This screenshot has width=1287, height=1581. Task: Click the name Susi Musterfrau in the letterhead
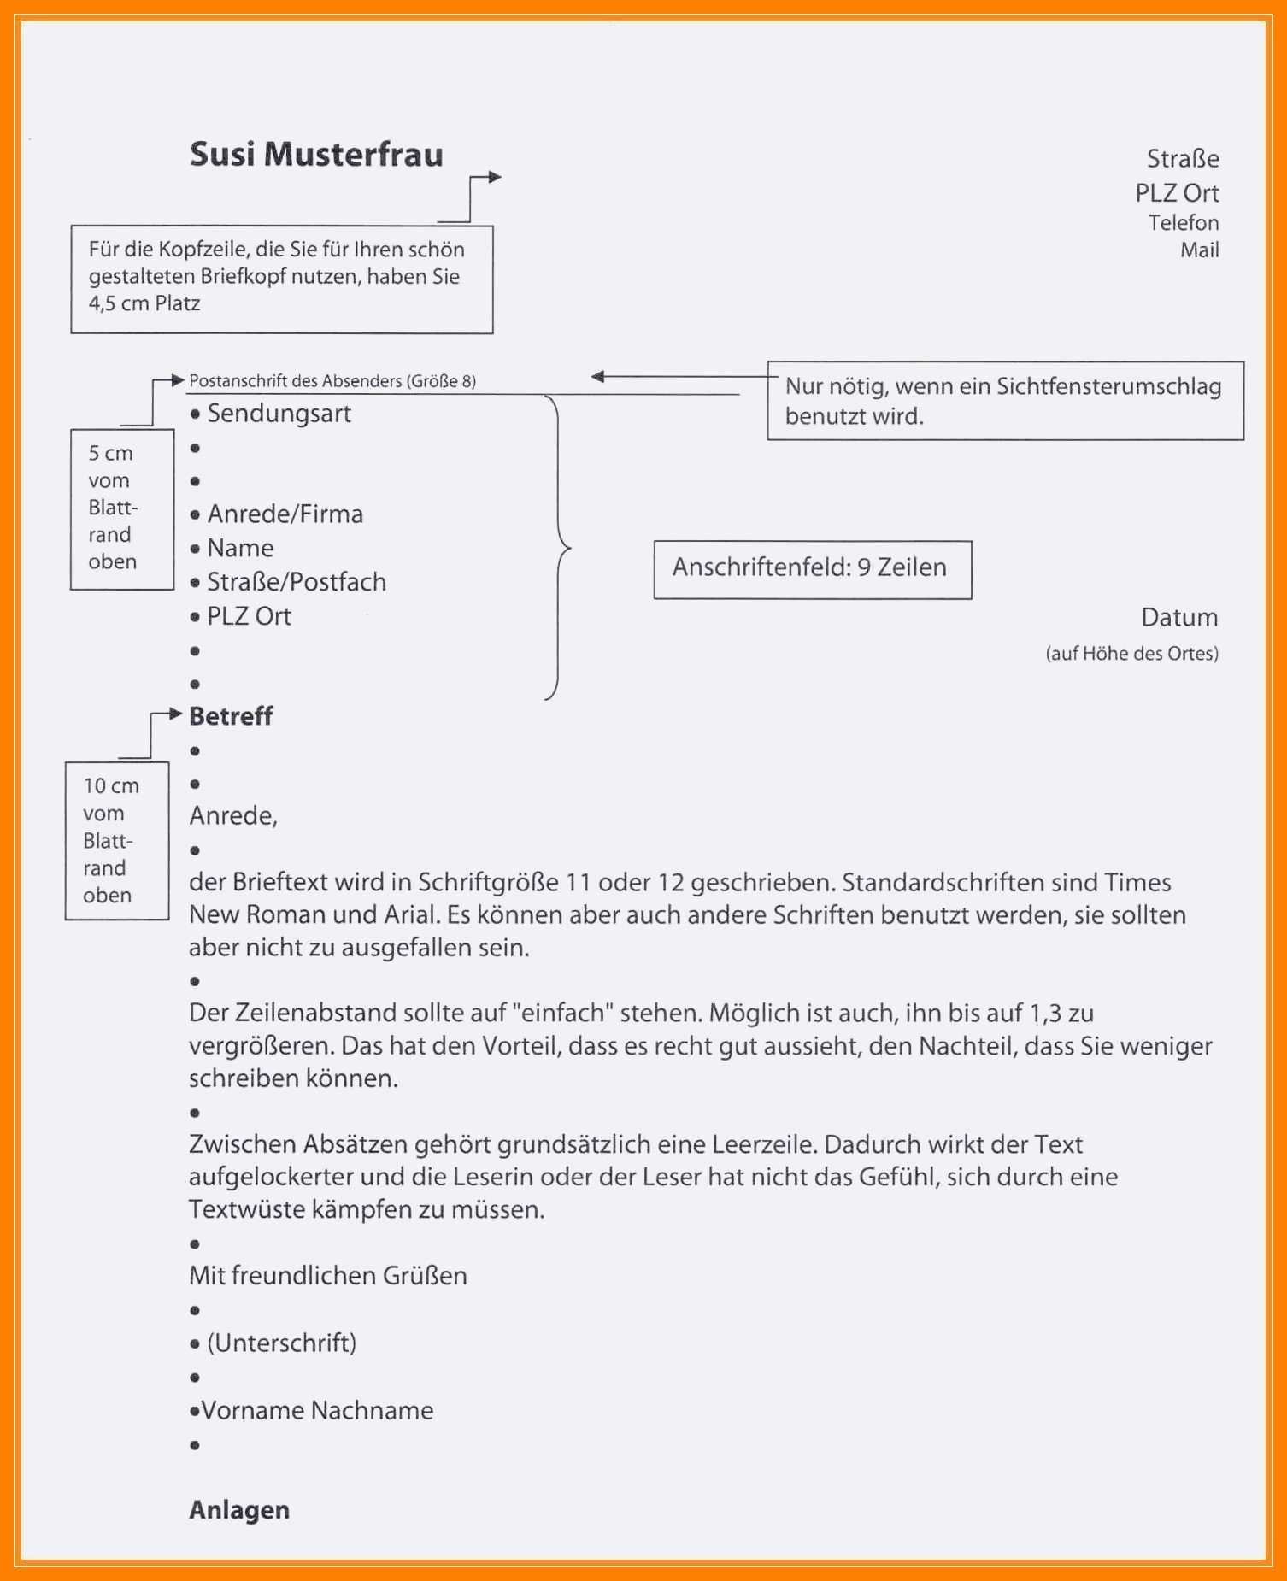[316, 155]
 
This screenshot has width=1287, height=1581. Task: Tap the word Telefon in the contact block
[1183, 223]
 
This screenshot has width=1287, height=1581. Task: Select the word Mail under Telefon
[1199, 250]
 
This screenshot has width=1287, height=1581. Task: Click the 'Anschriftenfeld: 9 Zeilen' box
[812, 569]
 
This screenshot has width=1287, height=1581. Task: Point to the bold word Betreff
[231, 716]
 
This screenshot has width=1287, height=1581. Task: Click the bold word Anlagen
[239, 1510]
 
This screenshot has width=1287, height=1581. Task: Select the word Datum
[1178, 617]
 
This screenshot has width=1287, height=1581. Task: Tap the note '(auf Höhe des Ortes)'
[1131, 654]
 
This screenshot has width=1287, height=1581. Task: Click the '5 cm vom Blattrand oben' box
[121, 508]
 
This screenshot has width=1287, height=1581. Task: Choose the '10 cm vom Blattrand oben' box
[116, 840]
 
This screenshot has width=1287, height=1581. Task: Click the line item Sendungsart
[279, 414]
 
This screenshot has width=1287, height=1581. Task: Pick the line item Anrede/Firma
[285, 514]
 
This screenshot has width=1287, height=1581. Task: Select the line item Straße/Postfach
[296, 582]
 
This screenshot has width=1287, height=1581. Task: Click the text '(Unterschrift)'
[281, 1343]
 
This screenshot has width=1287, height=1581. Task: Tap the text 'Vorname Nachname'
[317, 1410]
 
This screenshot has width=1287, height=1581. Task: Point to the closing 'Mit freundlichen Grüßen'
[328, 1276]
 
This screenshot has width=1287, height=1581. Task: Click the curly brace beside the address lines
[560, 547]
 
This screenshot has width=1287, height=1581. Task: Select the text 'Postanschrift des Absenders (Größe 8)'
[332, 381]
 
